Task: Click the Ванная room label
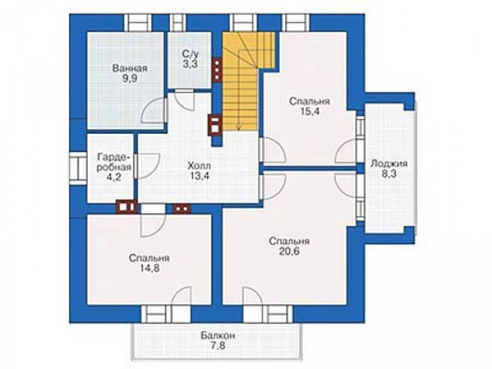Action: pos(130,68)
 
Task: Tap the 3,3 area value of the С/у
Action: pos(190,65)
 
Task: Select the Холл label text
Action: pos(199,165)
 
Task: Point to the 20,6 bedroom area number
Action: pos(289,251)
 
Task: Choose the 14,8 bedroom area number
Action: pos(149,268)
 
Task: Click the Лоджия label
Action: pos(389,164)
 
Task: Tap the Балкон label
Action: pos(218,336)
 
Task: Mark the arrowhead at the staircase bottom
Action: pos(238,128)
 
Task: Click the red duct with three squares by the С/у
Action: pos(217,70)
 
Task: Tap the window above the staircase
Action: pos(244,22)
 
